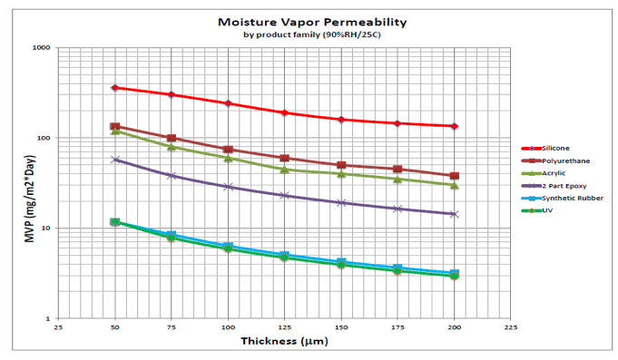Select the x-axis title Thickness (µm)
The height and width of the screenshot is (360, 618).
click(x=284, y=341)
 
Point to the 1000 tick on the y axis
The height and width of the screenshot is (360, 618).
click(x=41, y=48)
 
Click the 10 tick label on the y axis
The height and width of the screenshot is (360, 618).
click(x=44, y=229)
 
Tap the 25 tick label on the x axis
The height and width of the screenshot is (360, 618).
click(x=58, y=327)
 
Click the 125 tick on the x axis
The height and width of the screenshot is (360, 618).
click(x=284, y=327)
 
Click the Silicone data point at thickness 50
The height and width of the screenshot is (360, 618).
click(x=115, y=88)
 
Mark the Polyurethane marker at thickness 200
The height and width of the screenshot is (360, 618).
click(x=454, y=176)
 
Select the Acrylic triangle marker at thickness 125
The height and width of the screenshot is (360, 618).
click(x=284, y=170)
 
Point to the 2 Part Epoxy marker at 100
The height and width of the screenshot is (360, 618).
click(x=228, y=187)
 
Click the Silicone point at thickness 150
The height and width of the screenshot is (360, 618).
click(x=340, y=120)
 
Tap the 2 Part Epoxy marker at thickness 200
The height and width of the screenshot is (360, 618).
click(x=454, y=214)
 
